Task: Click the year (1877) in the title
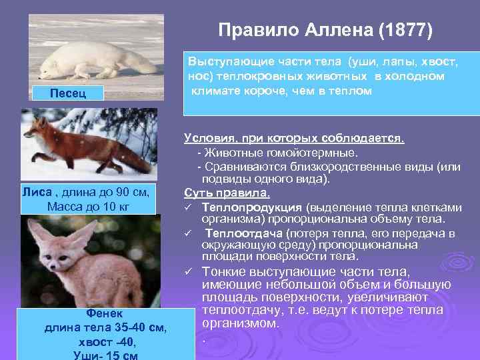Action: (407, 31)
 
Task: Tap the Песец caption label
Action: (68, 92)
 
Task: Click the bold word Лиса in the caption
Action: (37, 193)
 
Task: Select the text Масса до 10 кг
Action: (89, 206)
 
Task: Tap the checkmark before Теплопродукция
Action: (190, 207)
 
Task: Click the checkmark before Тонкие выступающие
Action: (190, 271)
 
